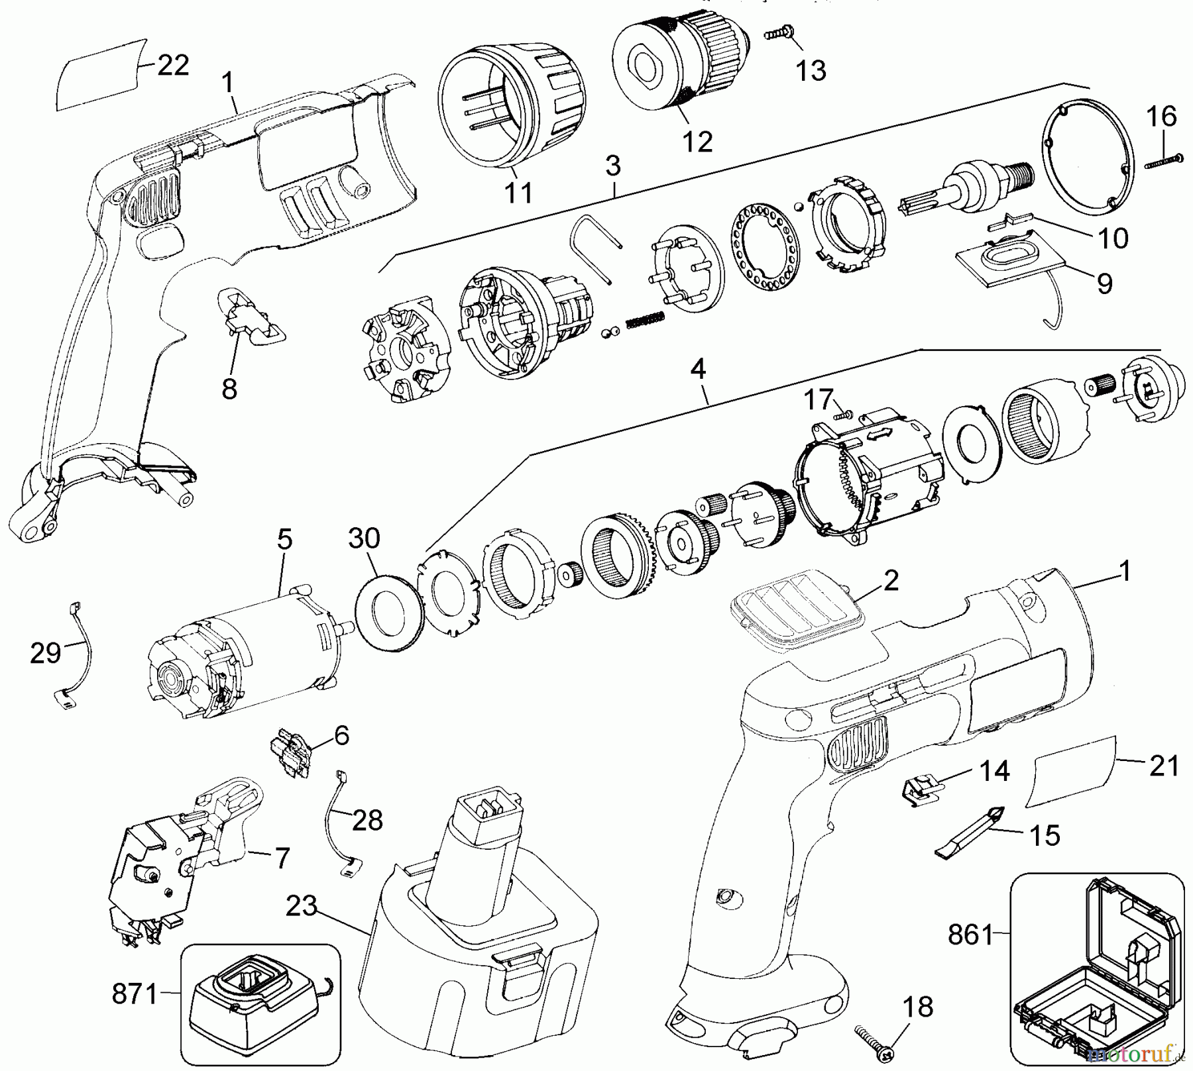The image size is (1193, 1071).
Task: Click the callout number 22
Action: (172, 65)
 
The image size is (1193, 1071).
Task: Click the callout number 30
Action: (364, 538)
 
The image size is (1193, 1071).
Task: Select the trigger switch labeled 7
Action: (179, 861)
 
